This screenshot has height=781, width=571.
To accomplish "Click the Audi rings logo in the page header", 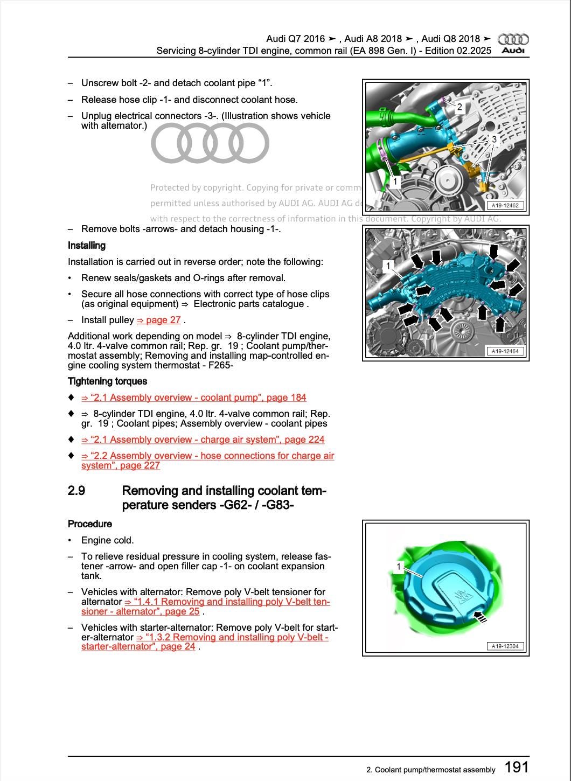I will coord(513,39).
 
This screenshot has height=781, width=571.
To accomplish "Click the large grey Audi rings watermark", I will coord(210,143).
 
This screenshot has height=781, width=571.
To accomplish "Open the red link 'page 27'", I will coord(159,320).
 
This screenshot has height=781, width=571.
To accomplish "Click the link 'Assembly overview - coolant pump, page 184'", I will coord(194,398).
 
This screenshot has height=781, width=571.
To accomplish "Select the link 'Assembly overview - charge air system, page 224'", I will coord(203,440).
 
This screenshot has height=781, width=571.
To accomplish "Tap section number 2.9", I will coord(76,491).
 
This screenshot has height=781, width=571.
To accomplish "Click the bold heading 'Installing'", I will coord(87,246).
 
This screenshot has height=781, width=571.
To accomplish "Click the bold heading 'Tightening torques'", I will coord(107,381).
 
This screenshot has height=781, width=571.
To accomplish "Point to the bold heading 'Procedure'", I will coord(90,524).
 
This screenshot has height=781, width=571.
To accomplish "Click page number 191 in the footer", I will coord(517,767).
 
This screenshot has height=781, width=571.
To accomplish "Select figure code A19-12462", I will coord(505,205).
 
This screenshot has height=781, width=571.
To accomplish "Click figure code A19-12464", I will coord(505,351).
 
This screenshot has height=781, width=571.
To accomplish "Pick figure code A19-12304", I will coord(505,646).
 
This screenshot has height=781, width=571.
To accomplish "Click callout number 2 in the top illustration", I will coord(459,107).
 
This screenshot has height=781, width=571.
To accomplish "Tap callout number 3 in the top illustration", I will coord(493,139).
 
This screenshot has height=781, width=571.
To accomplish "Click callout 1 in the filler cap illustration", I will coord(399,567).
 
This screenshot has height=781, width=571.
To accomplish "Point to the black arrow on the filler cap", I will coord(479,617).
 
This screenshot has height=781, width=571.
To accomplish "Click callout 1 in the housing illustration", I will coord(388,266).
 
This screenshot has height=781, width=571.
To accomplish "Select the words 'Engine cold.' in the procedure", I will coord(108,540).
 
